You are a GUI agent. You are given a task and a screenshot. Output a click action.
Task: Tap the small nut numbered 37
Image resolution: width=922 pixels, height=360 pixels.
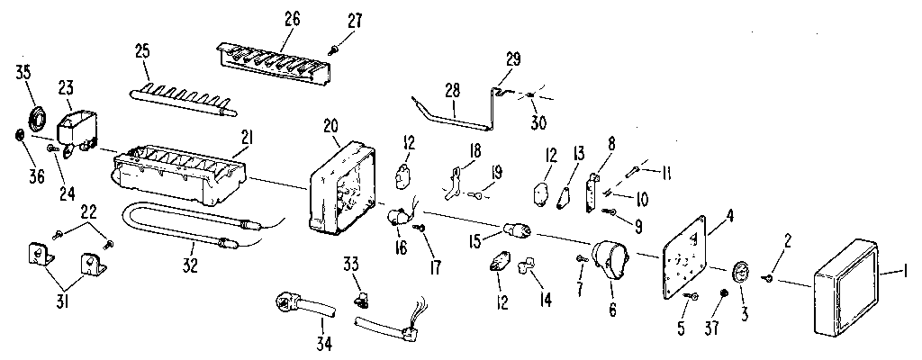click(x=725, y=294)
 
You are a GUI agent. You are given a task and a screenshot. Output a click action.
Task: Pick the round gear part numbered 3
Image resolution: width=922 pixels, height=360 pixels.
click(x=741, y=269)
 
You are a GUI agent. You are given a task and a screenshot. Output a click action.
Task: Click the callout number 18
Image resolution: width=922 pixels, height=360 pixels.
click(x=474, y=148)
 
